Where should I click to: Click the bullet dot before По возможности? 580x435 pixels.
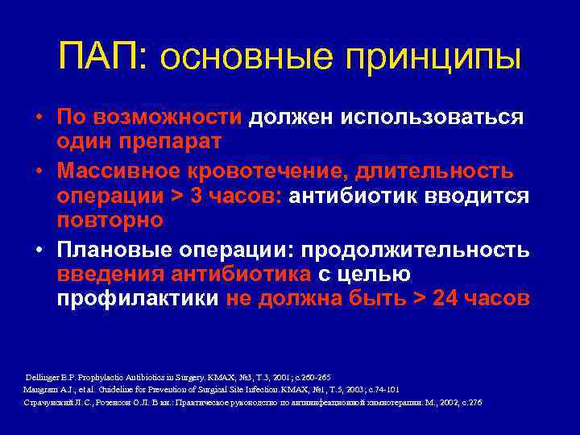click(39, 118)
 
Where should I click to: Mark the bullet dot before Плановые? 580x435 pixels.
click(39, 250)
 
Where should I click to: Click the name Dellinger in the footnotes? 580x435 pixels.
click(44, 377)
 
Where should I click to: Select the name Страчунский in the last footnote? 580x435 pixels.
click(50, 402)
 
